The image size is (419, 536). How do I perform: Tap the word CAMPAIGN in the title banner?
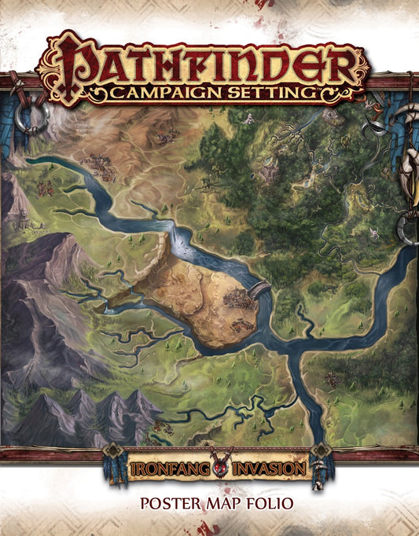click(162, 94)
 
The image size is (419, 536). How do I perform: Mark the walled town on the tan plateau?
click(238, 299)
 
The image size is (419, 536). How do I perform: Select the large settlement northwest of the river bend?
click(101, 164)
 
